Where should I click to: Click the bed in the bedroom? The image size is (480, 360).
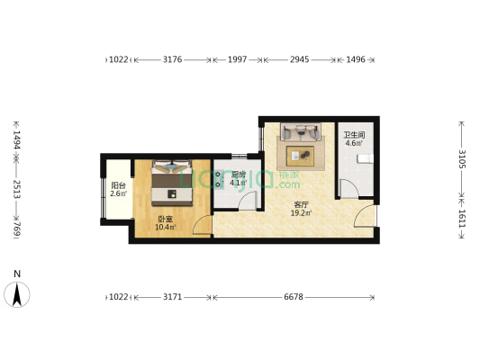(171, 181)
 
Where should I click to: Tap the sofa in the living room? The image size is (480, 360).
(300, 133)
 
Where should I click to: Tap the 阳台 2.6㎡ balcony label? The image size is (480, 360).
(118, 189)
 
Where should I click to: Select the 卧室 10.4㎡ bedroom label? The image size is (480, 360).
(164, 223)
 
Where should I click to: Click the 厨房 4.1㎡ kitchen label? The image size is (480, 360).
(239, 179)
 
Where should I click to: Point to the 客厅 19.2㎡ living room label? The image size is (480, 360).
(302, 209)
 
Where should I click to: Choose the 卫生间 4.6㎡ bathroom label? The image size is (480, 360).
(353, 139)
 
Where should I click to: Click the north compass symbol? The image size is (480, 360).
(17, 292)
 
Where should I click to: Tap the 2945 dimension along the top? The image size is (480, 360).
(300, 60)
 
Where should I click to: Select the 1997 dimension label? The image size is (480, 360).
(237, 60)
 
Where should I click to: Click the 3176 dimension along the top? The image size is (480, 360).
(172, 60)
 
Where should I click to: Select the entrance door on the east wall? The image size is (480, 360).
(364, 216)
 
